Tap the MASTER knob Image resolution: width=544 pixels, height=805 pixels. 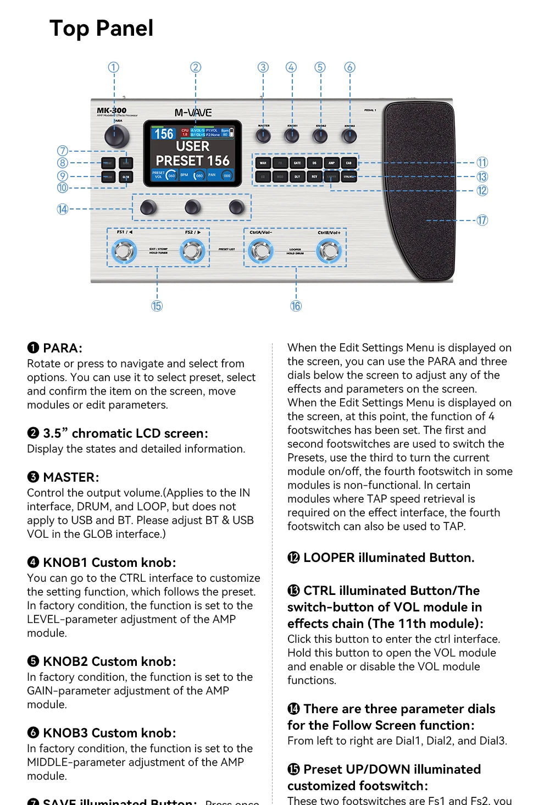(x=263, y=136)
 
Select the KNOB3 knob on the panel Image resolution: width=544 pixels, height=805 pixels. (x=349, y=136)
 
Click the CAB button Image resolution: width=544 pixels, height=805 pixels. (x=349, y=163)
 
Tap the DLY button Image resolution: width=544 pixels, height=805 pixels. (x=297, y=177)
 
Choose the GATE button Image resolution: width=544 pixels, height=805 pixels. (x=297, y=163)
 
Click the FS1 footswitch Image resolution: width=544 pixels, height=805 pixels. (x=124, y=251)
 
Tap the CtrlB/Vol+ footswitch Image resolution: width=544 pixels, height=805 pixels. (x=329, y=251)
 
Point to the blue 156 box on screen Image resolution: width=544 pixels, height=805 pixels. (x=164, y=134)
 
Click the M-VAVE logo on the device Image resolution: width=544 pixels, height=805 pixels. (x=193, y=113)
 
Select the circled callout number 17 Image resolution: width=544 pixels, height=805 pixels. (x=482, y=220)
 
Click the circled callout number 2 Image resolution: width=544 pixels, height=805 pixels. (x=196, y=67)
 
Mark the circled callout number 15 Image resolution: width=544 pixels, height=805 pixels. (x=157, y=306)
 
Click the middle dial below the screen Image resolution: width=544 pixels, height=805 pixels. (x=192, y=207)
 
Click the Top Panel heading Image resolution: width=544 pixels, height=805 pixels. (x=102, y=28)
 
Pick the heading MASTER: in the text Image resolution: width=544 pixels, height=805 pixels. (x=71, y=477)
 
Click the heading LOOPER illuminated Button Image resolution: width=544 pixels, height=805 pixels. (x=388, y=558)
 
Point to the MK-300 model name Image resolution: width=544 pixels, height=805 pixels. (x=112, y=111)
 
